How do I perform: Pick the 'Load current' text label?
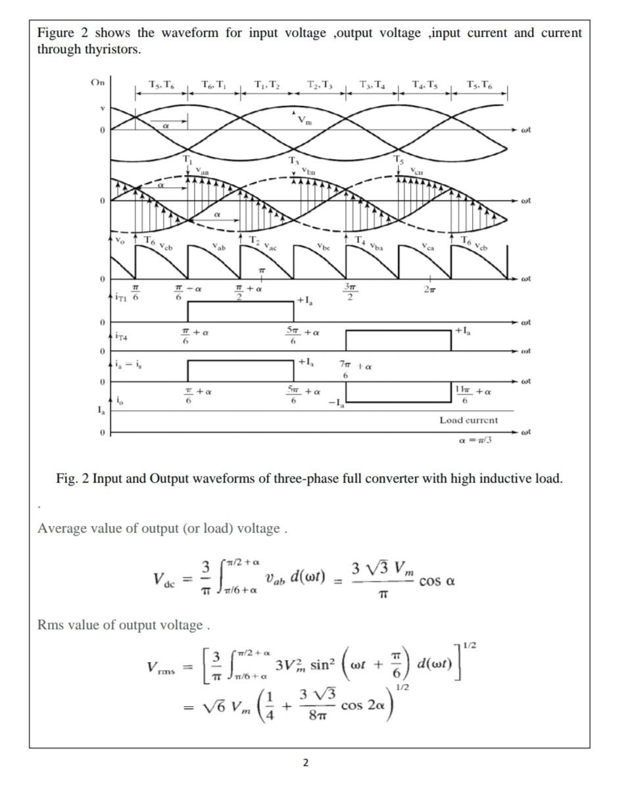469,419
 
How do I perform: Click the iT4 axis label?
120,337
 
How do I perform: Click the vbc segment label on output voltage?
322,247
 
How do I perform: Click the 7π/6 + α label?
352,369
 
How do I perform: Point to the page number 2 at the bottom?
305,763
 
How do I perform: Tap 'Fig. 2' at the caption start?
72,478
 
